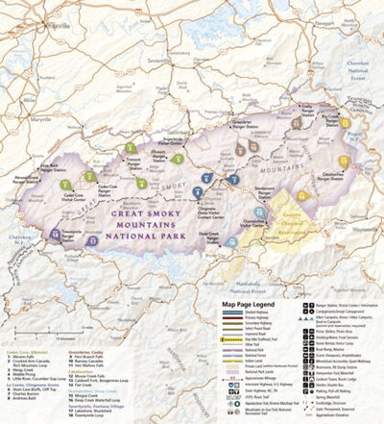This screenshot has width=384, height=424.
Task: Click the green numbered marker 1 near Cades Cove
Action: (x=64, y=185)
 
